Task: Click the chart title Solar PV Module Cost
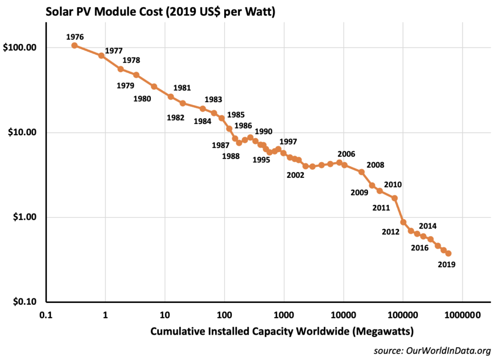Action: tap(161, 12)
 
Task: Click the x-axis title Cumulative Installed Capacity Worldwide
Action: tap(282, 332)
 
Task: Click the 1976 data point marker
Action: tap(74, 45)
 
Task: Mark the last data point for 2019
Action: tap(448, 254)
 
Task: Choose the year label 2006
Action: tap(346, 154)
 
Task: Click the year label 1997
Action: tap(288, 142)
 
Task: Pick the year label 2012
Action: tap(391, 231)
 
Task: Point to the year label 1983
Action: tap(213, 99)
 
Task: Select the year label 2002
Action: tap(295, 174)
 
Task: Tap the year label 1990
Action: tap(264, 131)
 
